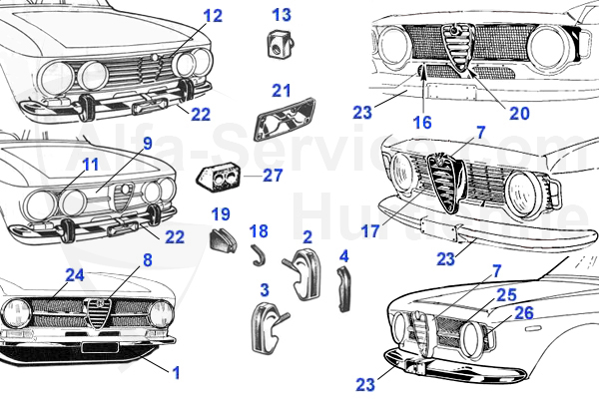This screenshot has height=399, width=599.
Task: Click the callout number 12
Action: [213, 16]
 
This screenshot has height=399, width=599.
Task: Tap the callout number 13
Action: [282, 15]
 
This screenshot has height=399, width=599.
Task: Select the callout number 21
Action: [282, 90]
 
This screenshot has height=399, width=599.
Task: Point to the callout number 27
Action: [273, 175]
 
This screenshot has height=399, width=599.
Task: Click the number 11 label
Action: [91, 164]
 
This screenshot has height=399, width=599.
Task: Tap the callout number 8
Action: [147, 260]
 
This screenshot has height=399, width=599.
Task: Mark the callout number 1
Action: [176, 373]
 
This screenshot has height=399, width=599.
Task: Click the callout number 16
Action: [421, 122]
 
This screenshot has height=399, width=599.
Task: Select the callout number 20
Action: [519, 113]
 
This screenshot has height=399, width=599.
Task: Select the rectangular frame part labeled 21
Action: [284, 122]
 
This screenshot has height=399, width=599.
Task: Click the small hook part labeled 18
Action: [259, 256]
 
